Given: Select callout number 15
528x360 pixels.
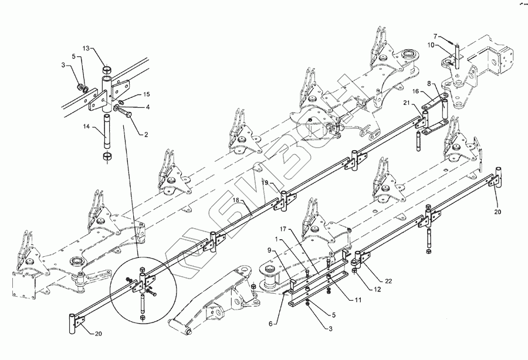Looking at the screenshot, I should click(x=147, y=94).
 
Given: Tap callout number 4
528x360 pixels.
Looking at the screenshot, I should click(x=147, y=107).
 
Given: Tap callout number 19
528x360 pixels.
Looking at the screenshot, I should click(x=266, y=184).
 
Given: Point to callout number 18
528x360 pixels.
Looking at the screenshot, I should click(x=236, y=201).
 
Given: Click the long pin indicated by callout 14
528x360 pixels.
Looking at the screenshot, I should click(x=106, y=135).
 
